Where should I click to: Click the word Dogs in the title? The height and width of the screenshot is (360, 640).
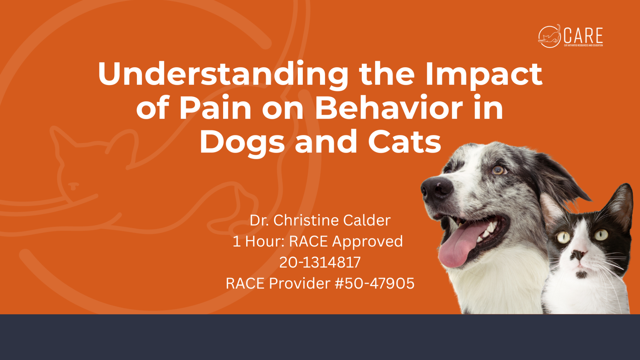coord(242,142)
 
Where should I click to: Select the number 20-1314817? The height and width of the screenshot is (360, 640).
coord(320,262)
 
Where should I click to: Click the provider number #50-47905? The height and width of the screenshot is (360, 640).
coord(375,283)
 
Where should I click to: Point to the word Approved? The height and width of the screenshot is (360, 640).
coord(367,242)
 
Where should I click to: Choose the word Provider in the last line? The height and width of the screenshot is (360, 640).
coord(300,283)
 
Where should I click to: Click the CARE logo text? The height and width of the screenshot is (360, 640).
coord(583,36)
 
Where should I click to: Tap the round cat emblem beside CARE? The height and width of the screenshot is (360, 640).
coord(549,36)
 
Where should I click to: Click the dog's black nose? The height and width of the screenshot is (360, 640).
coord(437,189)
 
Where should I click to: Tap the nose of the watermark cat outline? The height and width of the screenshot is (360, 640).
coord(73,186)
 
